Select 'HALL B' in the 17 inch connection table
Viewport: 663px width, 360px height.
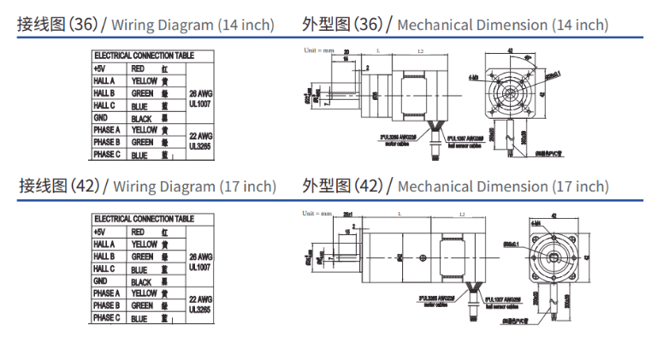[x=104, y=257]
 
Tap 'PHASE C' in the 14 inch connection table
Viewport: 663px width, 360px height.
[x=107, y=155]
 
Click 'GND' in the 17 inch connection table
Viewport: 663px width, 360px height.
[x=100, y=280]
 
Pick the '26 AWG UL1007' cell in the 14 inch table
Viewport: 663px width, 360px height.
[x=200, y=98]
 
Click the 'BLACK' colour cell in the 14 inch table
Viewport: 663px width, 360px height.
[x=142, y=118]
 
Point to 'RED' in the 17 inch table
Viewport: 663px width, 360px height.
[x=138, y=233]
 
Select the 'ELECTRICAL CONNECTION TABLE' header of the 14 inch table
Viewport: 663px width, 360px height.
[x=144, y=56]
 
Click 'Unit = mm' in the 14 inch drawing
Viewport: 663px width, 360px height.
[x=319, y=50]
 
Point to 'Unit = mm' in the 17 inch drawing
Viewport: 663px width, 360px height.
[x=317, y=213]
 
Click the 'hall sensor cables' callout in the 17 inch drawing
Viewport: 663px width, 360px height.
[x=499, y=306]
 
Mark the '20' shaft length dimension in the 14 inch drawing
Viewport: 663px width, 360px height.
[x=347, y=53]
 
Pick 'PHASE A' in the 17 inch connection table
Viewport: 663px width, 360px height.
[x=107, y=293]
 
